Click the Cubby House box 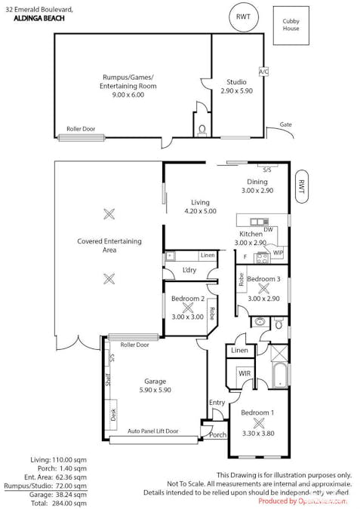tap(291, 25)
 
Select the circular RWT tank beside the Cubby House tap(243, 17)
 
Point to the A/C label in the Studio tap(263, 72)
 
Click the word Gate tap(285, 124)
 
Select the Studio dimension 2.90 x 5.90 tap(237, 90)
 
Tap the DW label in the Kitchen tap(268, 229)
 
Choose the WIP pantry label tap(278, 252)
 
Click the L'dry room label tap(189, 270)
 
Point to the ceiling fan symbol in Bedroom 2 tap(187, 308)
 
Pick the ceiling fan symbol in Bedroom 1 tap(257, 423)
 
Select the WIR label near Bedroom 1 tap(245, 373)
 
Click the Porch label tap(218, 434)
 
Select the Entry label tap(217, 403)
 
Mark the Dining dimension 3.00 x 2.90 tap(257, 191)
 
